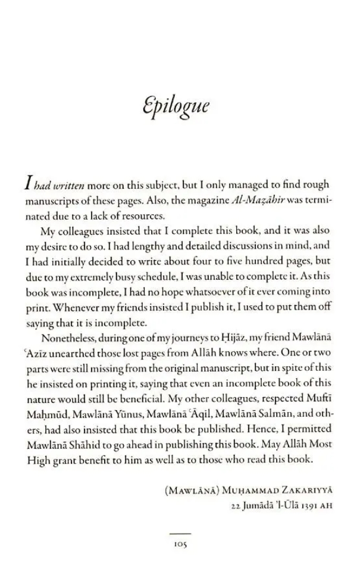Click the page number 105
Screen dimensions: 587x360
(x=180, y=544)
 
